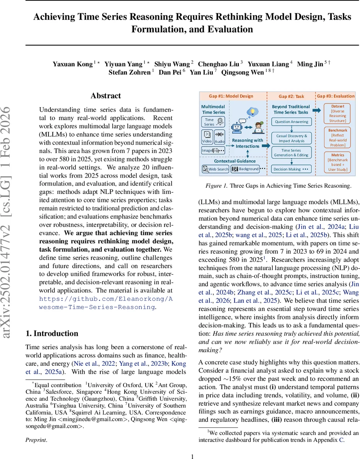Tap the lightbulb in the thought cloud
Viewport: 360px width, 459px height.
point(252,111)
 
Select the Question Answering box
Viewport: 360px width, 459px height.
point(292,122)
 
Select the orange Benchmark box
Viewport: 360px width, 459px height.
point(338,138)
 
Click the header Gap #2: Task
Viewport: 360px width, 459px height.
point(292,96)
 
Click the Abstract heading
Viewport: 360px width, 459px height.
point(106,96)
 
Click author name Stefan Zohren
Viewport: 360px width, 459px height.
point(130,72)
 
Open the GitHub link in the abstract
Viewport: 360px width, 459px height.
point(106,303)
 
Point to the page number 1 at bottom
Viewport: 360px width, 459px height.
point(193,456)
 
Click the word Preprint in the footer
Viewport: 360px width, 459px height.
point(36,440)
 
